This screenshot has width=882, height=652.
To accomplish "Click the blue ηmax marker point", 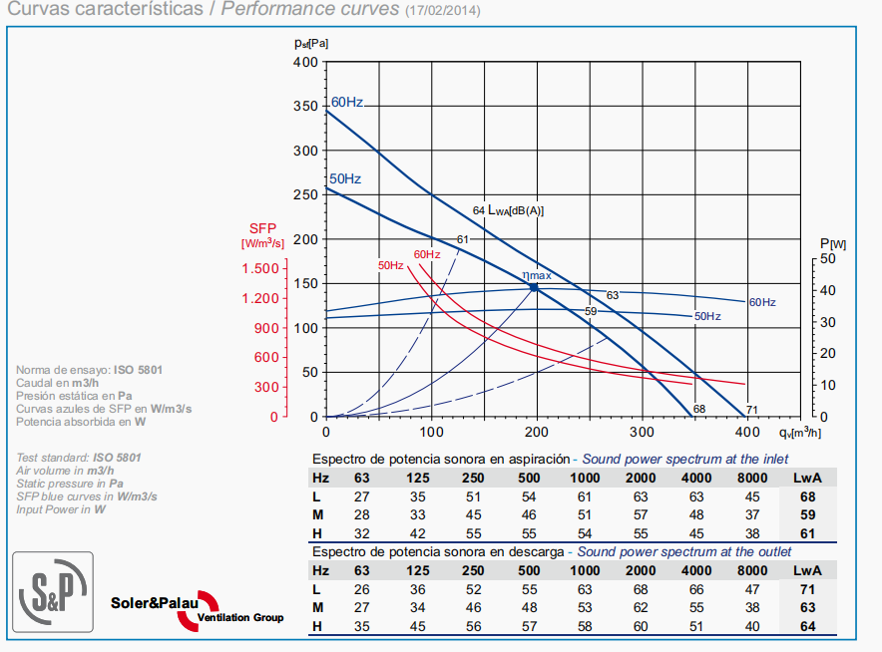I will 534,287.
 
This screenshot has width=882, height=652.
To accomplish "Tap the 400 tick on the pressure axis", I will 306,62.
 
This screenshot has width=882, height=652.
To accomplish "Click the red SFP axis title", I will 262,227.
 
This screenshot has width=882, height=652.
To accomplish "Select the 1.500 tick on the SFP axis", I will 261,269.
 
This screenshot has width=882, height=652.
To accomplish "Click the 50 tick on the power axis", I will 829,258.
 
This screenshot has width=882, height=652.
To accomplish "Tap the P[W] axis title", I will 833,243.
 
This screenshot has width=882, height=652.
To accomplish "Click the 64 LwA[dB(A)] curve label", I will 508,210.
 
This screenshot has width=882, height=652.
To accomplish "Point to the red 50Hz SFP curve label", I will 390,265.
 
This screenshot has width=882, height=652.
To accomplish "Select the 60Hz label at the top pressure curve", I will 347,102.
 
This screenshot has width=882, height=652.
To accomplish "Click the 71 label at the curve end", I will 752,409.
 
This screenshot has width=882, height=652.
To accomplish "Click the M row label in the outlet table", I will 316,606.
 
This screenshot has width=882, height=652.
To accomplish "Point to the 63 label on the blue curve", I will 612,295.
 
